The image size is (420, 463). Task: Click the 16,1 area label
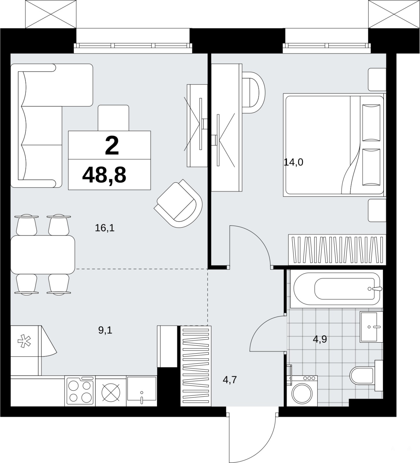pos(105,228)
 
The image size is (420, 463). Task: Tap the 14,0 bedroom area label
pos(293,162)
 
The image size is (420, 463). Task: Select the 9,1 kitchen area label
pos(105,330)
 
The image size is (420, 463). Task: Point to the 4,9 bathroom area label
pos(320,339)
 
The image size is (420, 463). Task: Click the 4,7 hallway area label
pos(230,379)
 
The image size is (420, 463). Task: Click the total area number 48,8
pos(104,175)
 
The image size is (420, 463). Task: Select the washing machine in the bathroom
pos(302,391)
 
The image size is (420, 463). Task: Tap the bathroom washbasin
pos(371,327)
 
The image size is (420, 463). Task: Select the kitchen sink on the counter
pos(142,391)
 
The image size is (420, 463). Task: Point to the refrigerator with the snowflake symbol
pos(26,350)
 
